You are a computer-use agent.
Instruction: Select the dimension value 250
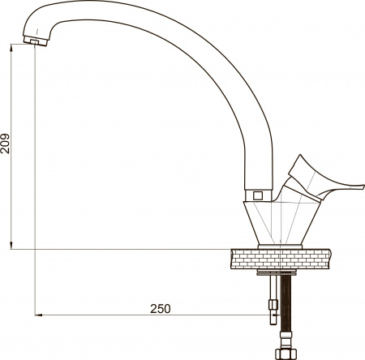tap(160, 308)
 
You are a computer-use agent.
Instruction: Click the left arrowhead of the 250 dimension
tap(38, 315)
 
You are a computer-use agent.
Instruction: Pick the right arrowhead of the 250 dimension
tap(278, 315)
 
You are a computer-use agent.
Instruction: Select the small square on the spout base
tap(258, 195)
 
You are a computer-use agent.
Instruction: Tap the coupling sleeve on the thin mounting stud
tap(273, 308)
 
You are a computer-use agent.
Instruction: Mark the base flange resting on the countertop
tap(279, 246)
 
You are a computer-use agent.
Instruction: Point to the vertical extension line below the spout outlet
tap(36, 162)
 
